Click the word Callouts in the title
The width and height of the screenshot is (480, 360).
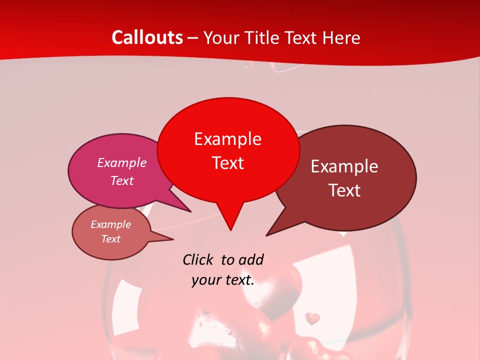click(x=147, y=37)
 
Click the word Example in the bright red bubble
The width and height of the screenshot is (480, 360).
click(x=227, y=139)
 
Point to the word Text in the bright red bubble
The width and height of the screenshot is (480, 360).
click(x=227, y=163)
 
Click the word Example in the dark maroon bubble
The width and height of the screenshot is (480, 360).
click(x=344, y=166)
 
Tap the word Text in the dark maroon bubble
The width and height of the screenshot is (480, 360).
click(x=344, y=190)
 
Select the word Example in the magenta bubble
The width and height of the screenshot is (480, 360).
click(x=122, y=162)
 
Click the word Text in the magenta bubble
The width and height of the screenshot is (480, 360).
click(x=122, y=180)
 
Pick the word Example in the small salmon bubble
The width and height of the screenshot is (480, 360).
click(x=111, y=224)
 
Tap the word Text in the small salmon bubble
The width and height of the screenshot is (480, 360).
click(x=111, y=239)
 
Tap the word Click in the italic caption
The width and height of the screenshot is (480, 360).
click(x=198, y=259)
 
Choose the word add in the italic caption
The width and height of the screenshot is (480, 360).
click(x=251, y=259)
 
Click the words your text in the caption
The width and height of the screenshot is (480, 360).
click(x=223, y=280)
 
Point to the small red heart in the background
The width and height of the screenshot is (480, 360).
click(x=312, y=318)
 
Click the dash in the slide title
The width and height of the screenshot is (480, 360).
click(x=193, y=38)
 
